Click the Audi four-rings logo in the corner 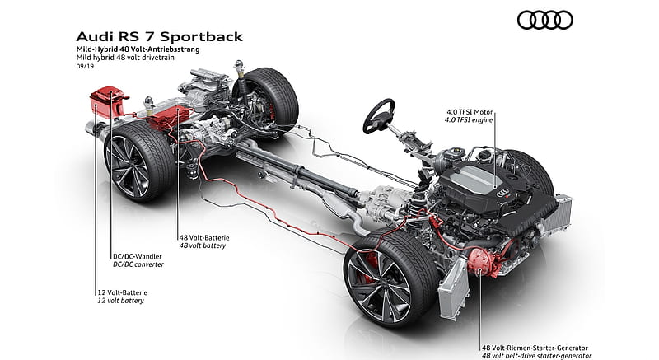coord(545,20)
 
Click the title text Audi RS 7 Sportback coord(160,36)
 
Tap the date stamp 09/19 coord(85,66)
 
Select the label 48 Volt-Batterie coord(204,238)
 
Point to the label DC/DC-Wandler coord(137,256)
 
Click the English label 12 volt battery coord(120,301)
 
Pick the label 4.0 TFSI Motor coord(470,112)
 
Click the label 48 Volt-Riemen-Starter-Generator coord(535,348)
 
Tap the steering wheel coord(378,116)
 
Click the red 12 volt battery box coord(108,102)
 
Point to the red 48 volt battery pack coord(169,118)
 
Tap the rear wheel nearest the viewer coord(139,162)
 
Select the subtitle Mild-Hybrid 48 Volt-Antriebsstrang coord(138,49)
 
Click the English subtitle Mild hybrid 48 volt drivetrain coord(125,58)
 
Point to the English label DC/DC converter coord(138,264)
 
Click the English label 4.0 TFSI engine coord(469,120)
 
